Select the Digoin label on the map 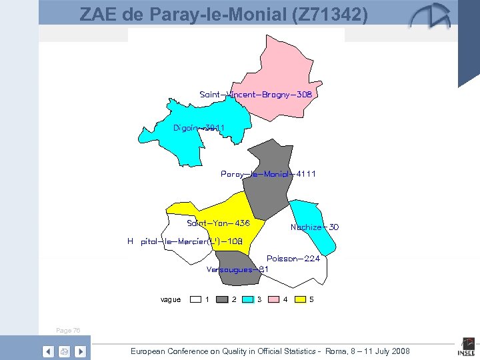pyautogui.click(x=194, y=127)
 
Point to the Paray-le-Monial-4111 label pyautogui.click(x=268, y=174)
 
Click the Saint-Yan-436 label pyautogui.click(x=218, y=223)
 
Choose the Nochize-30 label pyautogui.click(x=314, y=227)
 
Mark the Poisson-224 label pyautogui.click(x=293, y=259)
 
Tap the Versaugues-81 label pyautogui.click(x=237, y=269)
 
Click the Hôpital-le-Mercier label pyautogui.click(x=185, y=241)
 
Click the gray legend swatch pyautogui.click(x=222, y=299)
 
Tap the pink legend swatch pyautogui.click(x=274, y=299)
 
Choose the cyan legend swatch pyautogui.click(x=248, y=299)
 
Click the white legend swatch pyautogui.click(x=196, y=299)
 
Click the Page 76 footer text pyautogui.click(x=68, y=330)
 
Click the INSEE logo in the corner pyautogui.click(x=465, y=348)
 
